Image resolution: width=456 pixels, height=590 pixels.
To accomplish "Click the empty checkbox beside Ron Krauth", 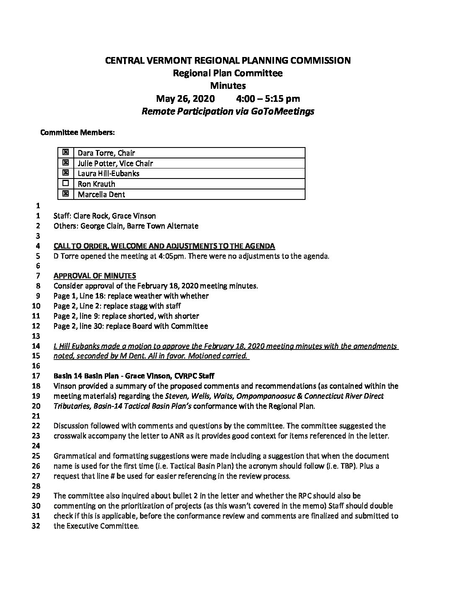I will click(65, 184).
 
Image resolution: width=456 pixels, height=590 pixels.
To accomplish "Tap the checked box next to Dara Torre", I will click(65, 153).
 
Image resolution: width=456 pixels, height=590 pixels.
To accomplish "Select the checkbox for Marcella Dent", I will click(65, 194).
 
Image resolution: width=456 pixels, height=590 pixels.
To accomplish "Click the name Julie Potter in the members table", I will click(97, 163).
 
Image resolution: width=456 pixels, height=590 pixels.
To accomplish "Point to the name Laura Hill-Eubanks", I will click(109, 173).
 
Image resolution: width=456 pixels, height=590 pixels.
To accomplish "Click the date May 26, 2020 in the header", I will click(185, 99).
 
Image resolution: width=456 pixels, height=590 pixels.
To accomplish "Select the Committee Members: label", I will click(78, 133).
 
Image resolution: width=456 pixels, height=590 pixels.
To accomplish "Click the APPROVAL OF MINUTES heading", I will click(95, 276).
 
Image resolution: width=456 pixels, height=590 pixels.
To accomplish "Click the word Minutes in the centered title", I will click(228, 86).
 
